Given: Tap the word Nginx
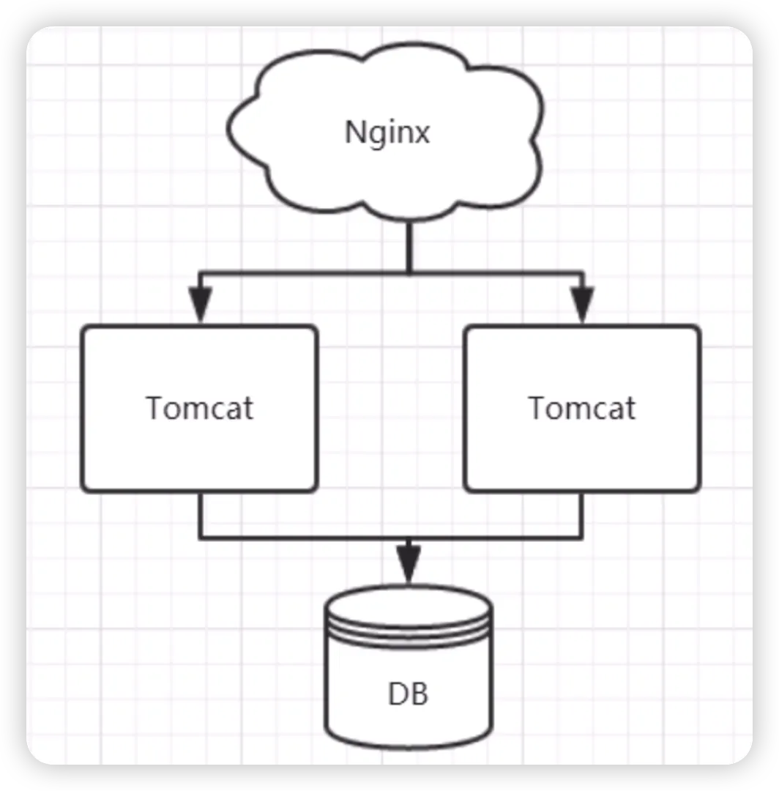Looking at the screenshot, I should point(387,133).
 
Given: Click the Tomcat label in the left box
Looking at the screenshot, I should point(200,408).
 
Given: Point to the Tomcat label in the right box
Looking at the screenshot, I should point(583,408).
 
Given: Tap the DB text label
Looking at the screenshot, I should point(409,694).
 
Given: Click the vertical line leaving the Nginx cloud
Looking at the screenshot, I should point(409,245).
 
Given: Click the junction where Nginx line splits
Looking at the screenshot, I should point(409,273).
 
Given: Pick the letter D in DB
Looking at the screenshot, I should point(398,694).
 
